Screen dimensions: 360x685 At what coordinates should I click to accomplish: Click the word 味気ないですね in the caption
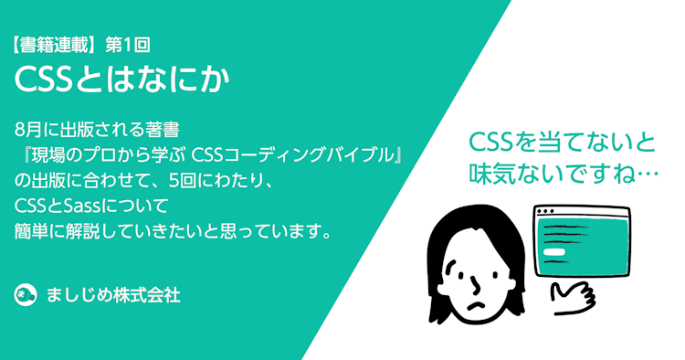(x=547, y=172)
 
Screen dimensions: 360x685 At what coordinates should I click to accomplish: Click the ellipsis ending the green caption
(x=643, y=172)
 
